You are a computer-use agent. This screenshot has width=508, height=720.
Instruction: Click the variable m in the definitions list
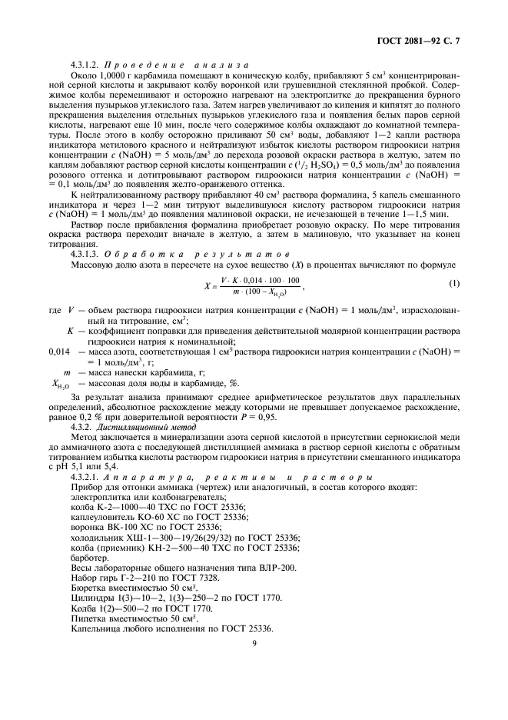coord(68,370)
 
